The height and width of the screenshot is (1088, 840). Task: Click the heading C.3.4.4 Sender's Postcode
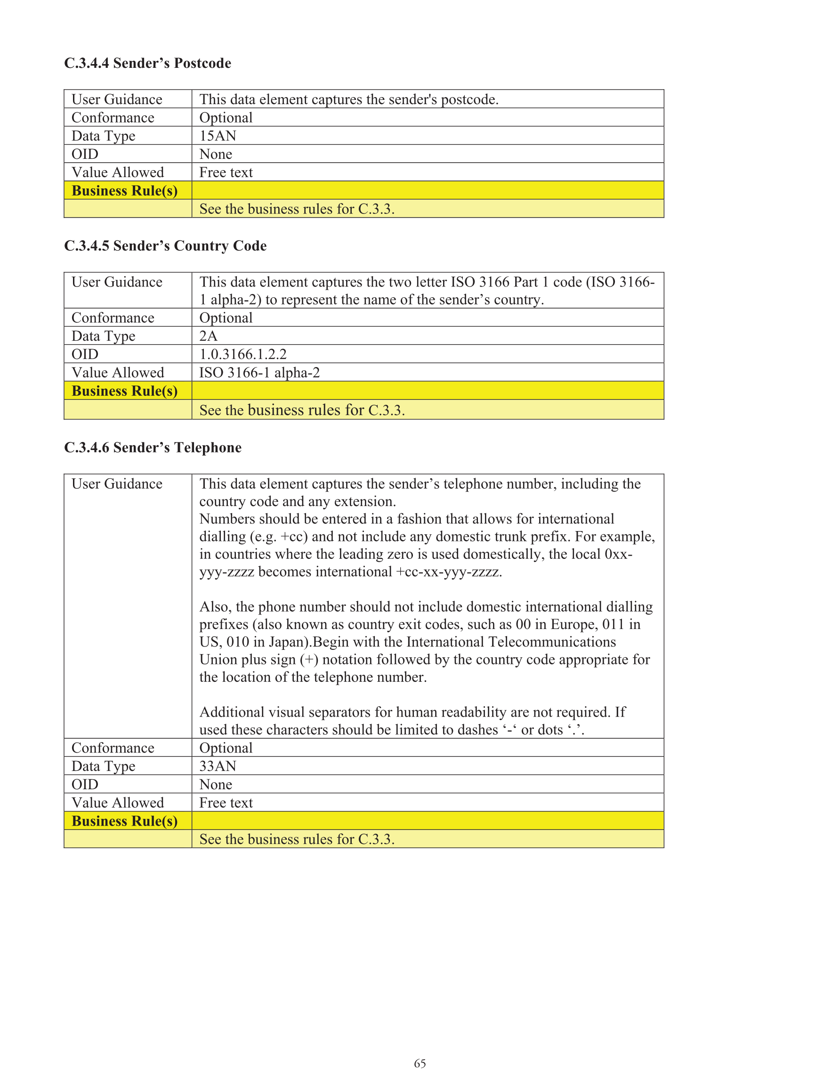[147, 63]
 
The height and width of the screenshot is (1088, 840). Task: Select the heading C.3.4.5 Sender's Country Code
[165, 246]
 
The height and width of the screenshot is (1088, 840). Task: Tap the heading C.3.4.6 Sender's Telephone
[153, 448]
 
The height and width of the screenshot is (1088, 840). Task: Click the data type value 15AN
[218, 136]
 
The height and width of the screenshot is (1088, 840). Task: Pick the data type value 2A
[208, 336]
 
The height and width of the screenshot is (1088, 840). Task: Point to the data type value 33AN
[218, 766]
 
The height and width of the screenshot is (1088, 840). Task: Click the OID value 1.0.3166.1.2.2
[243, 355]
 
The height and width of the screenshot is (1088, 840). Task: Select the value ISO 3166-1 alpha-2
[259, 373]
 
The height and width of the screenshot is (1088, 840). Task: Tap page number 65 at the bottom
[420, 1063]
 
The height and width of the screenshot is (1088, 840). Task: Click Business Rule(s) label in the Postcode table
[124, 191]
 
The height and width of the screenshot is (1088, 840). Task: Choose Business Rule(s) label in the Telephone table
[124, 821]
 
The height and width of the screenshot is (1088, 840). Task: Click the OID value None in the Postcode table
[216, 155]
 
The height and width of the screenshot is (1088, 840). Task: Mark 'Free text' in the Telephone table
[226, 803]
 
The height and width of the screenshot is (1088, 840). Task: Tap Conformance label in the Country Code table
[113, 318]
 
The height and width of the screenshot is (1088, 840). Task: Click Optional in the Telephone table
[226, 748]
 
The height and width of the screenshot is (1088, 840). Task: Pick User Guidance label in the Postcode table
[117, 99]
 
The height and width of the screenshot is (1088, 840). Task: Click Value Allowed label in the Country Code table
[118, 373]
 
